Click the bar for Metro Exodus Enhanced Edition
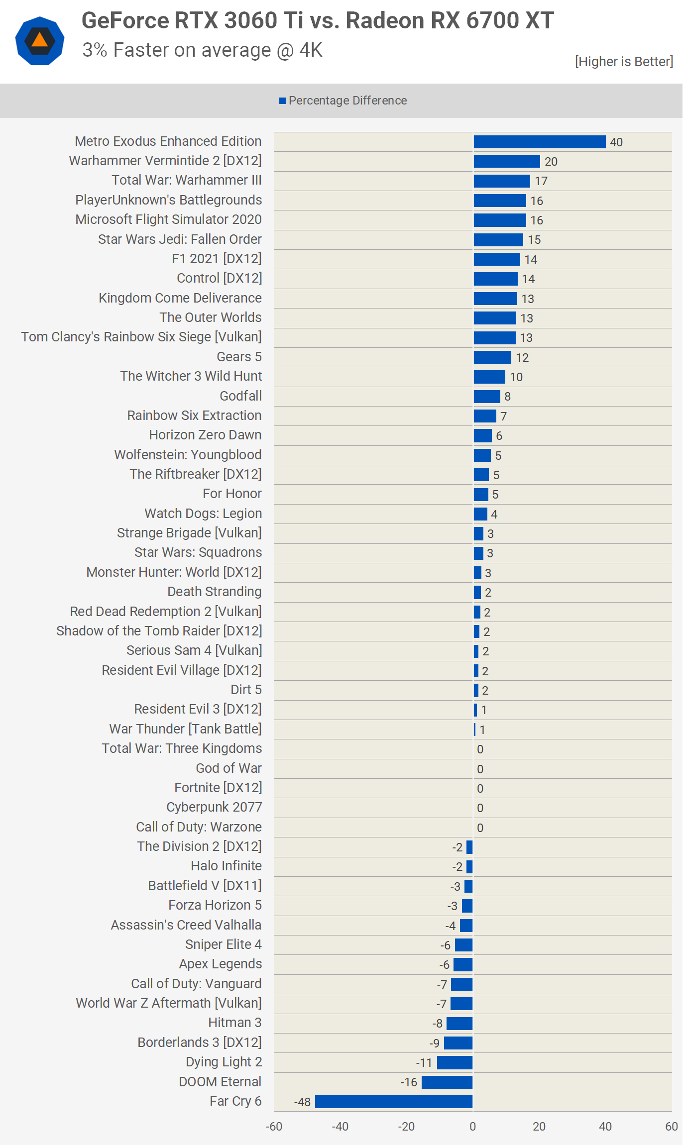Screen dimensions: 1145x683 [x=539, y=142]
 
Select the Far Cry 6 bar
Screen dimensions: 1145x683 [x=393, y=1102]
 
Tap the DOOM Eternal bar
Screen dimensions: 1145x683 [x=447, y=1082]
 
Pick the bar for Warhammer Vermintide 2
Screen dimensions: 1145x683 [x=506, y=161]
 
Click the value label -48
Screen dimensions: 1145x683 [x=302, y=1102]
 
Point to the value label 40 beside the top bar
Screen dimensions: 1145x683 [x=616, y=142]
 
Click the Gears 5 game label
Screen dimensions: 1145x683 [x=239, y=357]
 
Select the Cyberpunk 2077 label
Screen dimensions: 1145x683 [x=214, y=807]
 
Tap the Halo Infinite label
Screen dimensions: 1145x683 [x=226, y=866]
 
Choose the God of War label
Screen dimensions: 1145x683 [x=228, y=768]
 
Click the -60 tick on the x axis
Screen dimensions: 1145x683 [x=274, y=1127]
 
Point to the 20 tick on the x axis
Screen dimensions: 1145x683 [x=539, y=1127]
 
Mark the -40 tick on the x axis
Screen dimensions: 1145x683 [x=340, y=1127]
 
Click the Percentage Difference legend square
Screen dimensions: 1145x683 [x=282, y=101]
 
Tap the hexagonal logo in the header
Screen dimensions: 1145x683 [x=40, y=41]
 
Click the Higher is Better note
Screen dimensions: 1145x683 [x=624, y=62]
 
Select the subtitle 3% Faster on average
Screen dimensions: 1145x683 [x=202, y=50]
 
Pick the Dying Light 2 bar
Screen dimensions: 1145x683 [x=455, y=1062]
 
